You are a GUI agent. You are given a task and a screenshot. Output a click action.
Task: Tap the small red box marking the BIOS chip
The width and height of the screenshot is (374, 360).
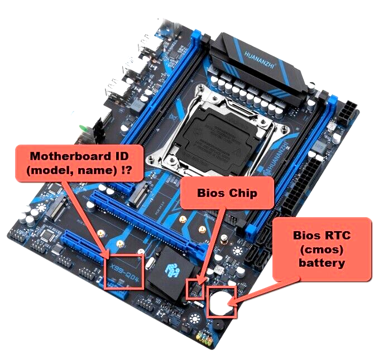(195, 289)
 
